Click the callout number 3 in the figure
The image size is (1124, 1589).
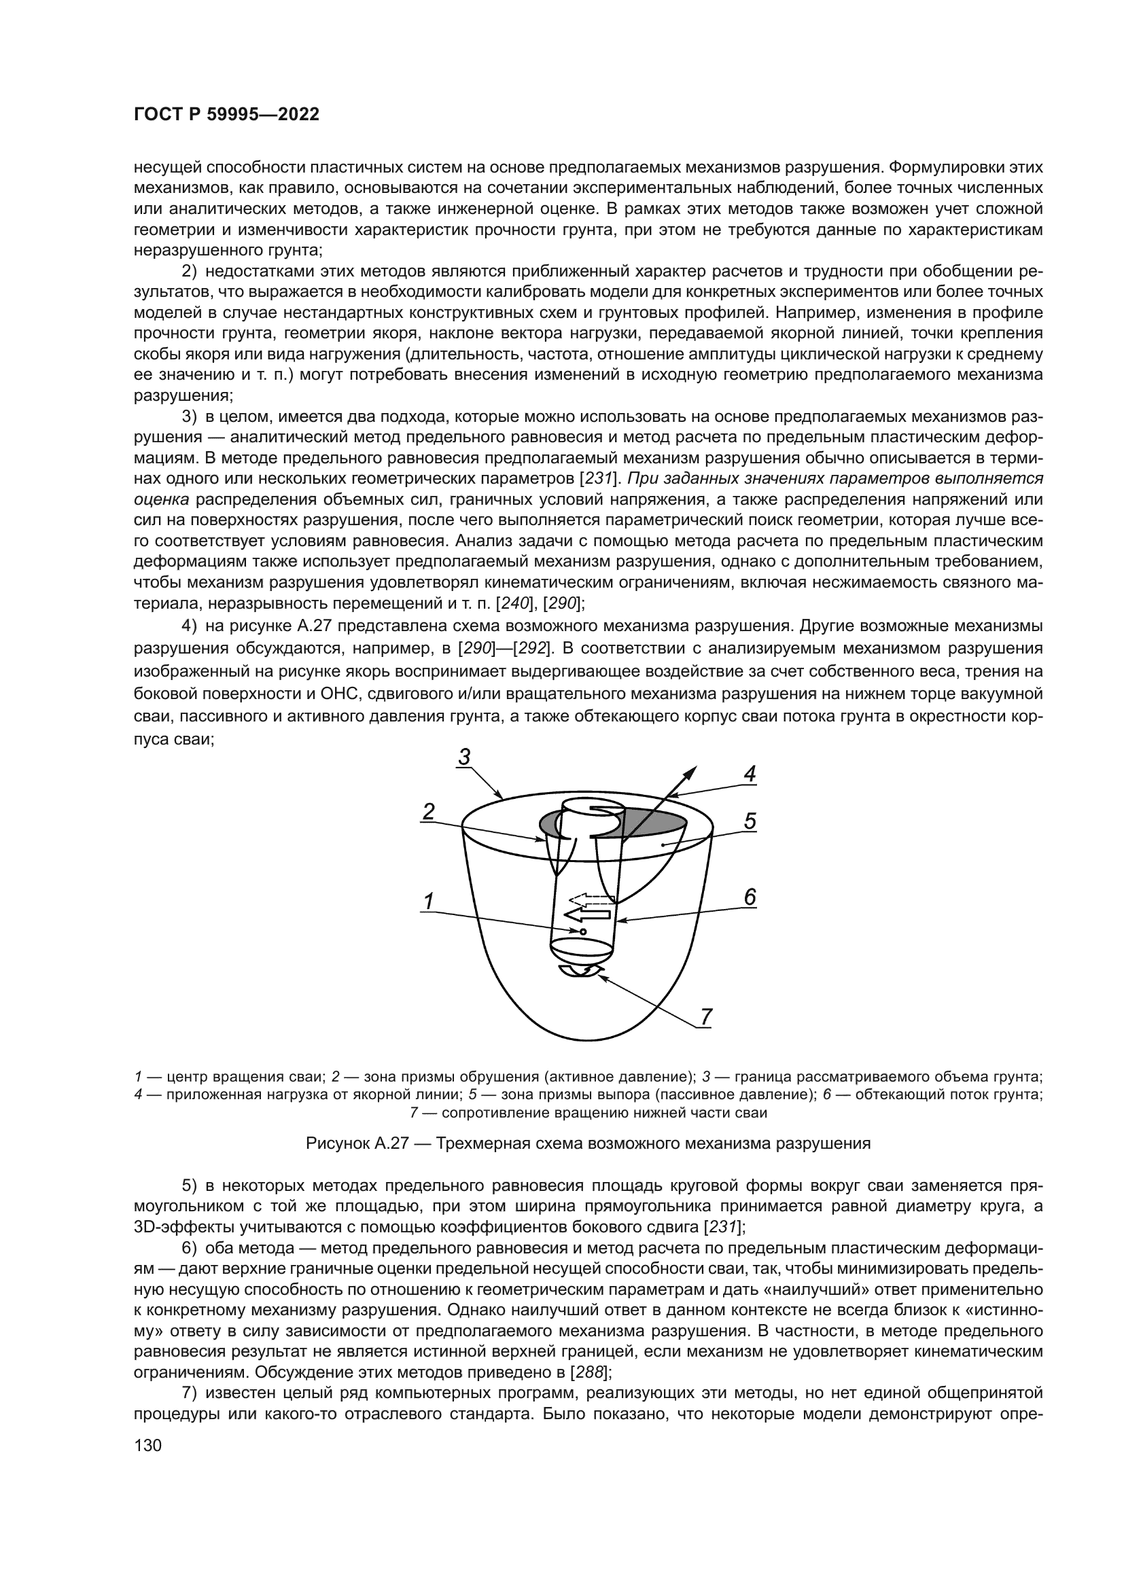point(464,757)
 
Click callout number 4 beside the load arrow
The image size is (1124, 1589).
point(750,774)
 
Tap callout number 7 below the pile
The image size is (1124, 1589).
point(706,1017)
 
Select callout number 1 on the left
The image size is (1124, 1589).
point(428,901)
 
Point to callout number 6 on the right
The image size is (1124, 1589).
point(750,897)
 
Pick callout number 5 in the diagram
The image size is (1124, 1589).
point(750,821)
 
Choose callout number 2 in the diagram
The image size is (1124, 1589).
point(428,811)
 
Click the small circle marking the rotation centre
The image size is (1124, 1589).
point(583,932)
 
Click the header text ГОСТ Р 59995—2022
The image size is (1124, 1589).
point(226,115)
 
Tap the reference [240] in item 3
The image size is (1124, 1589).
point(516,603)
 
